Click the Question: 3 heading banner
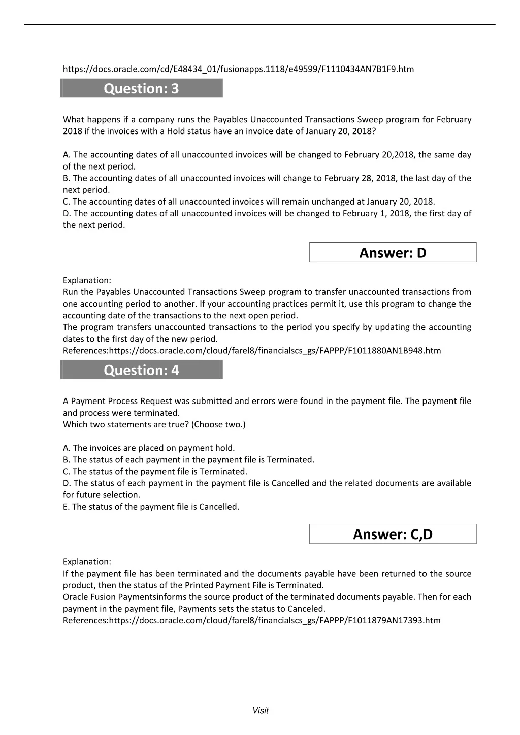coord(141,89)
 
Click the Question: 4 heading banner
coord(141,370)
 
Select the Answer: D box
coord(393,253)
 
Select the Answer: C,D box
coord(393,534)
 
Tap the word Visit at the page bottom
coord(260,711)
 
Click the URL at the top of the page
coord(238,69)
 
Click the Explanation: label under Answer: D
coord(87,280)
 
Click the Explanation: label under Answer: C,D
coord(87,562)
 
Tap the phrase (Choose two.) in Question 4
coord(218,424)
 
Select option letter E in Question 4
coord(66,507)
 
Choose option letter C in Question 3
coord(66,202)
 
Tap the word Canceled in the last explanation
coord(308,609)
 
